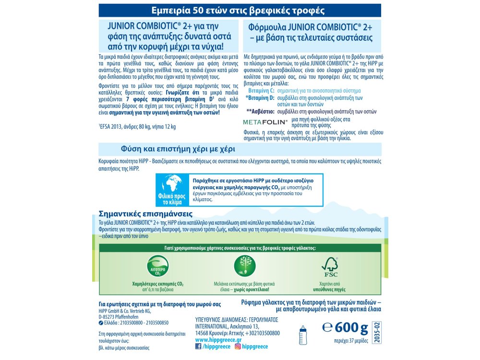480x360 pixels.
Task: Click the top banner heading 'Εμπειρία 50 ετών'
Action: (x=240, y=10)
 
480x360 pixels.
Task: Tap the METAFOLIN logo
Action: (x=265, y=122)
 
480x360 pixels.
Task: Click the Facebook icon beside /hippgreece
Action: (x=199, y=346)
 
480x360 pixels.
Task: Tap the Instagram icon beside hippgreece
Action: (x=237, y=346)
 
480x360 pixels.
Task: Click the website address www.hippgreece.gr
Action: (x=219, y=339)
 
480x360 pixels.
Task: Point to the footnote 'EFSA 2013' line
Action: (x=138, y=127)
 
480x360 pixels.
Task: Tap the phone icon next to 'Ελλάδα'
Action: (x=100, y=324)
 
